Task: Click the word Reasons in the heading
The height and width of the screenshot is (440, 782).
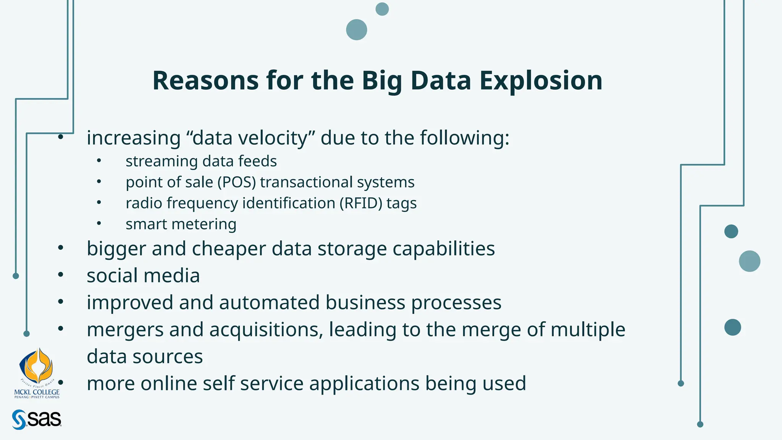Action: [x=205, y=81]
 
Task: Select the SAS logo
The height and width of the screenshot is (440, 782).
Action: [x=37, y=419]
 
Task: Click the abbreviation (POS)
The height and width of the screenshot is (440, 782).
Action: [x=236, y=182]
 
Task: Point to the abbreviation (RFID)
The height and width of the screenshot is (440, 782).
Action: [x=360, y=203]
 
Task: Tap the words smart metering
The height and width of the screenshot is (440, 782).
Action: [x=181, y=224]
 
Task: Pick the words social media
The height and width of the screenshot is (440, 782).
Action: [x=143, y=276]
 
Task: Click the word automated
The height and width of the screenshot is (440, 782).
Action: [x=269, y=302]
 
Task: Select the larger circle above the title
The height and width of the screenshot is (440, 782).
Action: [x=356, y=30]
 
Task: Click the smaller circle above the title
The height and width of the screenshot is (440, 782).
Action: [x=382, y=9]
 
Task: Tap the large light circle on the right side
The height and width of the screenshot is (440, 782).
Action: [x=749, y=261]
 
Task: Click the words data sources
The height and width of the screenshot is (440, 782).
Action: [x=145, y=357]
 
